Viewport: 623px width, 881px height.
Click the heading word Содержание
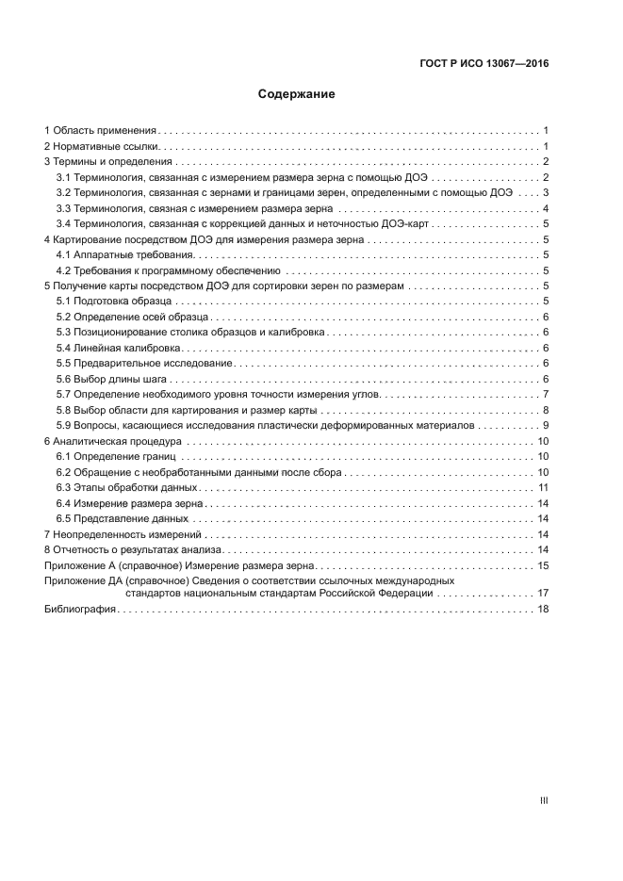[x=297, y=94]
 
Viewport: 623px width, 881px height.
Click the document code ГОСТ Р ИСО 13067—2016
[x=484, y=64]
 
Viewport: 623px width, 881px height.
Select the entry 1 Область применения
[x=101, y=131]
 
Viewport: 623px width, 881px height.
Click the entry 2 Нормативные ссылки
[x=103, y=147]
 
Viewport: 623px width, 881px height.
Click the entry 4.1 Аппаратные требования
[x=123, y=254]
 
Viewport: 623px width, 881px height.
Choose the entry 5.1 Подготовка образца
[x=116, y=301]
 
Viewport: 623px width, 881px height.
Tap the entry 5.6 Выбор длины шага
[x=112, y=379]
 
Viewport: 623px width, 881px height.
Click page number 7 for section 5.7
[x=546, y=394]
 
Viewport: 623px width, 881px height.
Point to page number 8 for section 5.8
[x=546, y=410]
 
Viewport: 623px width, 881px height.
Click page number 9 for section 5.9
[x=546, y=425]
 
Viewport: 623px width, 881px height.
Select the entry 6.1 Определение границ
[x=117, y=456]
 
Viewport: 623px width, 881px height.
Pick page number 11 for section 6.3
[x=544, y=487]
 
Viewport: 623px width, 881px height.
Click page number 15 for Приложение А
[x=543, y=565]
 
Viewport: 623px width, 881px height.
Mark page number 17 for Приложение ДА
[x=543, y=594]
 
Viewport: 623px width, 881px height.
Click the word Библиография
[x=80, y=610]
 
